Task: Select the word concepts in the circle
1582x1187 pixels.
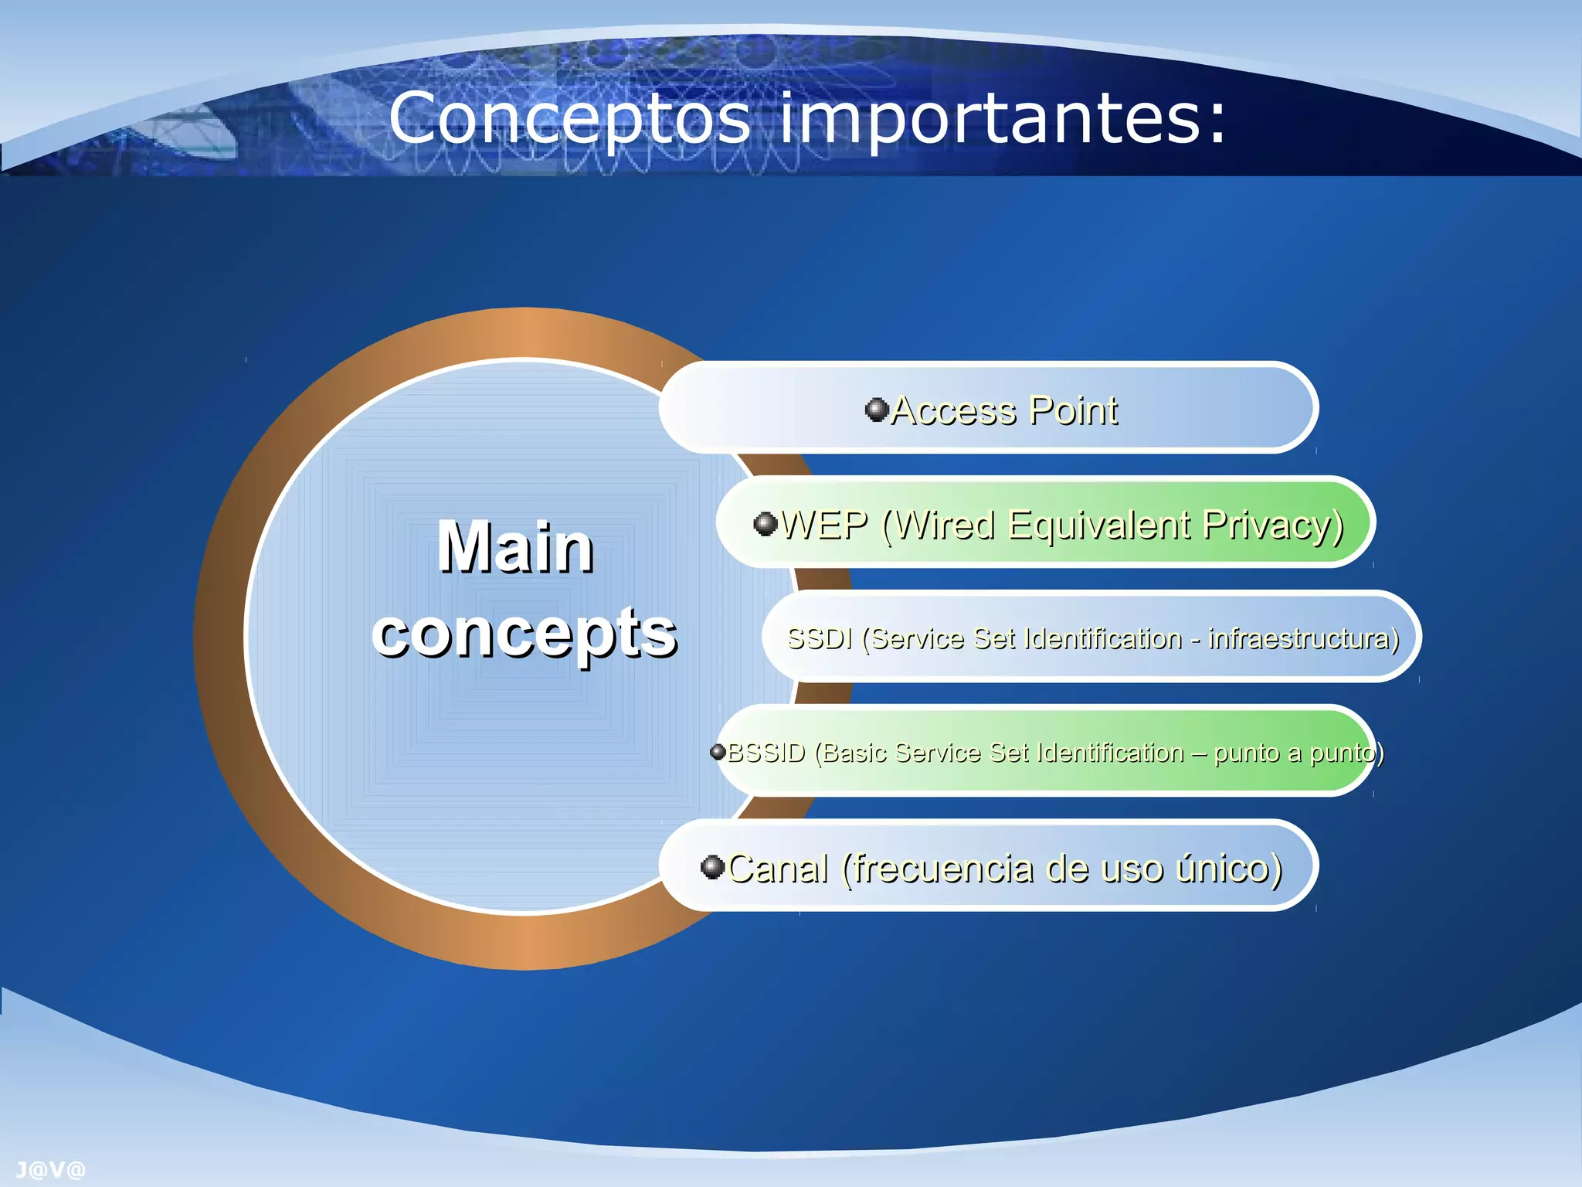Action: click(x=525, y=632)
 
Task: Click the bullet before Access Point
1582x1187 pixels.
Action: click(x=876, y=409)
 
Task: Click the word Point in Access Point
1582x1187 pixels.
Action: click(x=1074, y=410)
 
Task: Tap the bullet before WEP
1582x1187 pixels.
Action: click(x=765, y=524)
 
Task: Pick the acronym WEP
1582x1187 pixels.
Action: click(x=824, y=525)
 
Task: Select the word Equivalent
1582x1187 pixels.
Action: click(x=1100, y=525)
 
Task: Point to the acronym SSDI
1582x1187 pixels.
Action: click(x=819, y=639)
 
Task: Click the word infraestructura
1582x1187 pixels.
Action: click(x=1303, y=639)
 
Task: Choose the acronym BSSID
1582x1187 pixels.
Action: click(x=766, y=753)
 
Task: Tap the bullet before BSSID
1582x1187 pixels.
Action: click(x=718, y=751)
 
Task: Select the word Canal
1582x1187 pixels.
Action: click(x=777, y=868)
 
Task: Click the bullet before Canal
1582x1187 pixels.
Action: click(x=711, y=866)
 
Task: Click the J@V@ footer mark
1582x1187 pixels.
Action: click(x=50, y=1170)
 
